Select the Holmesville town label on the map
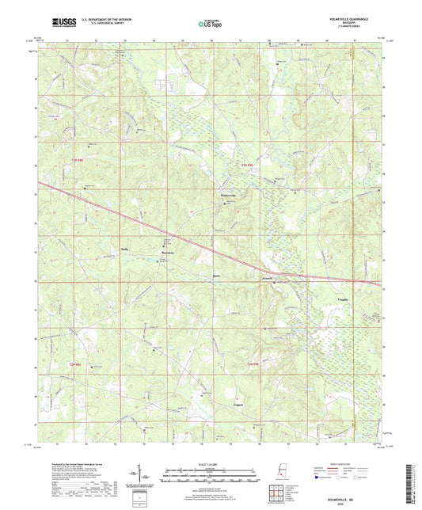(227, 195)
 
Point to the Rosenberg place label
(167, 253)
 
